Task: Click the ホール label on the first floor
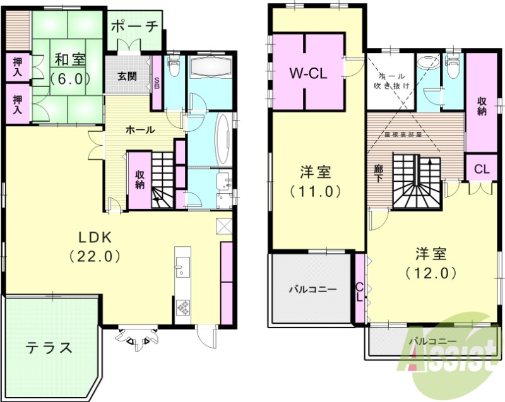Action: coord(140,129)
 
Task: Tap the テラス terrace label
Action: coord(49,347)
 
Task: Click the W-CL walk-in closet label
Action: coord(307,73)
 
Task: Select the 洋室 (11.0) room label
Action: coord(315,180)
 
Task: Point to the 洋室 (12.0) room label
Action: coord(432,263)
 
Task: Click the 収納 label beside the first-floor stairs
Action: coord(140,180)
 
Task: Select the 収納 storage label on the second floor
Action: coord(482,107)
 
